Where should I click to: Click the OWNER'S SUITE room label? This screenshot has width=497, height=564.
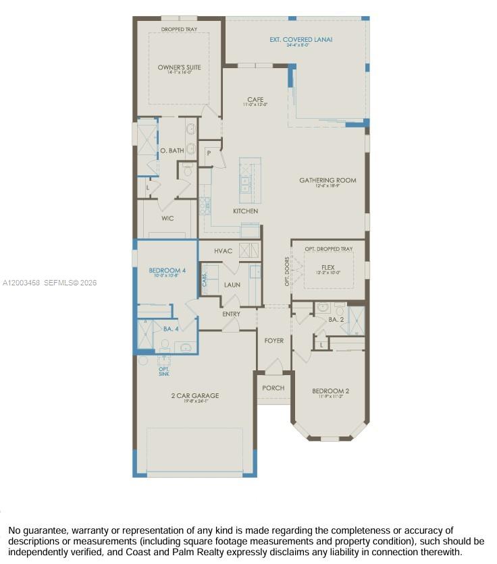[x=180, y=67]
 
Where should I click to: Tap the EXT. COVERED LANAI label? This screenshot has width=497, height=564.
[x=300, y=40]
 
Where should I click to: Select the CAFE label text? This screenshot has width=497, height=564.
[x=255, y=100]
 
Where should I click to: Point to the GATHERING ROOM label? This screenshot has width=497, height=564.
[x=328, y=180]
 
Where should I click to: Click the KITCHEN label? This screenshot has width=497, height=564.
[x=246, y=211]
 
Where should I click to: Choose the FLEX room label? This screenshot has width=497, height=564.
[x=328, y=266]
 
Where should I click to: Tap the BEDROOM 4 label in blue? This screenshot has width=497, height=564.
[x=167, y=271]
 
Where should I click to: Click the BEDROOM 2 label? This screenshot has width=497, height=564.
[x=330, y=391]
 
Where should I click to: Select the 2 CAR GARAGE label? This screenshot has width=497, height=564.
[x=194, y=396]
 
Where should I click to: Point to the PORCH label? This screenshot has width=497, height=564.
[x=273, y=388]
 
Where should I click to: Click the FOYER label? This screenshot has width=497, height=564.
[x=273, y=341]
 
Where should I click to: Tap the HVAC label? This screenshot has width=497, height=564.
[x=223, y=251]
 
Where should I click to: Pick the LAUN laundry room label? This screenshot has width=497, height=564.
[x=232, y=285]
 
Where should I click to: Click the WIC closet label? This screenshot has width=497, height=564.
[x=167, y=219]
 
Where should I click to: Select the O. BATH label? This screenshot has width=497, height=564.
[x=172, y=150]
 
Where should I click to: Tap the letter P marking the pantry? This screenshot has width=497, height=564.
[x=209, y=153]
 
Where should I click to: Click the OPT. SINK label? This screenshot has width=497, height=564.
[x=164, y=371]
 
